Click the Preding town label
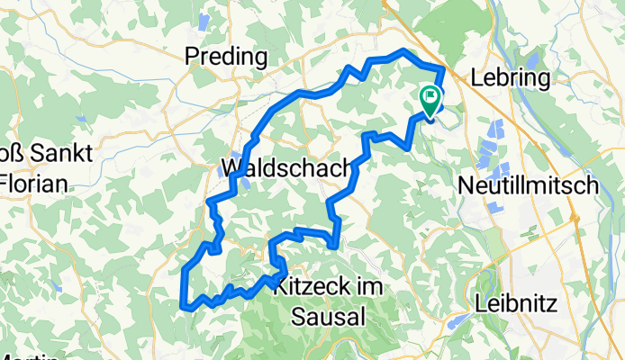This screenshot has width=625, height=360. tap(226, 58)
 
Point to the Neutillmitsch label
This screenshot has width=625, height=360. tap(540, 186)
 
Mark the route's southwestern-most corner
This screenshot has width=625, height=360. tap(186, 308)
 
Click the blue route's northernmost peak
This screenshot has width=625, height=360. tap(403, 51)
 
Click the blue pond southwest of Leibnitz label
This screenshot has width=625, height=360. tap(458, 319)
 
